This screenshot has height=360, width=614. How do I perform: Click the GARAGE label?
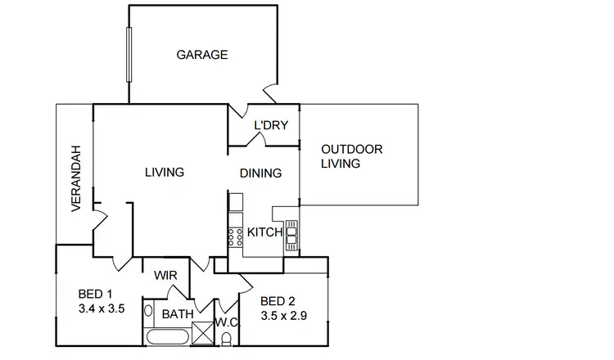coord(201,55)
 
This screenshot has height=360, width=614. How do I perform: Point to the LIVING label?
coord(164,173)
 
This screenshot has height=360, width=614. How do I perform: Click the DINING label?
coord(260,173)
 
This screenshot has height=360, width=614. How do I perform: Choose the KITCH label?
coord(264,232)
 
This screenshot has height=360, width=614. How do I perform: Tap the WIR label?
coord(166,276)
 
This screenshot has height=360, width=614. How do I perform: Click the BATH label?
coord(177,314)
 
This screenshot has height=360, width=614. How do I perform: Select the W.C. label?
coord(226,322)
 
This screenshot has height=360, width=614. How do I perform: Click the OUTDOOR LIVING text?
coord(352,156)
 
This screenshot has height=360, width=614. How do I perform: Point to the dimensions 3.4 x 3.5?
coord(100,308)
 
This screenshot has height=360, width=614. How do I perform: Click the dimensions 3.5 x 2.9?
coord(282,315)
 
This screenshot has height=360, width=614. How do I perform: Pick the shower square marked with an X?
coord(201,334)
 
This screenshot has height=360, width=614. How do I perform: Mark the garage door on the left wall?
coord(128,55)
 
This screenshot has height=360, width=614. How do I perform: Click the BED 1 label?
coord(94,294)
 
